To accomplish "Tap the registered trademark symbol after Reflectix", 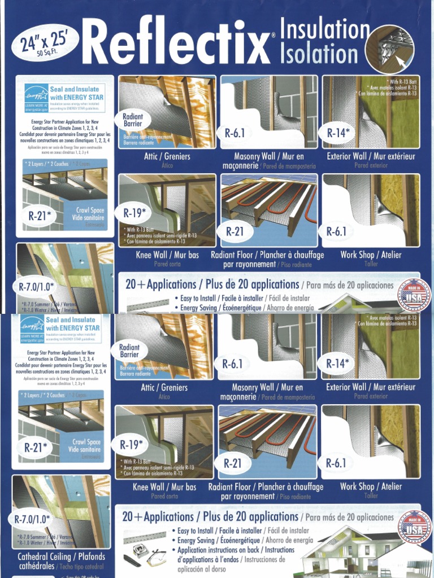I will [273, 35].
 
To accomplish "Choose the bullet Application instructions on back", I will [236, 550].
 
